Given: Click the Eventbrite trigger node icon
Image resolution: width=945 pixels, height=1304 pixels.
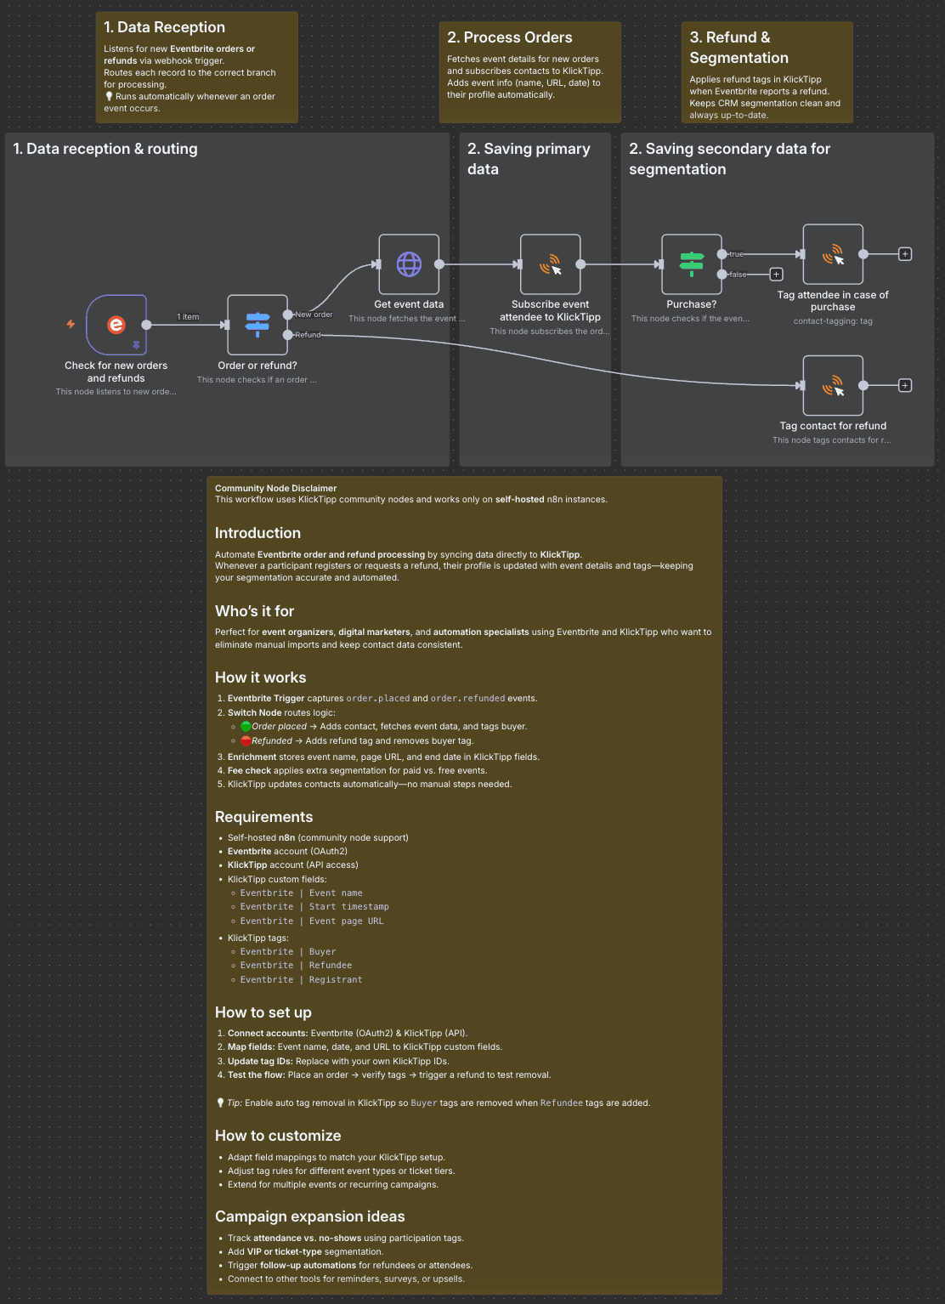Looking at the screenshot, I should click(x=116, y=325).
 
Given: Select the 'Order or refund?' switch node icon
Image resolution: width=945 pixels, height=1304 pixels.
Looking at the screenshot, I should click(x=257, y=325).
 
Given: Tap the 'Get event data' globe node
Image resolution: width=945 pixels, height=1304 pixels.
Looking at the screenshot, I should click(x=409, y=264).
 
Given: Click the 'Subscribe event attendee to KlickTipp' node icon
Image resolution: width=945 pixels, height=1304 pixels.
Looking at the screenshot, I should click(x=551, y=264).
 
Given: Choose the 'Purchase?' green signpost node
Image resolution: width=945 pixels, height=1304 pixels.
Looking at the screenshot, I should click(x=692, y=264).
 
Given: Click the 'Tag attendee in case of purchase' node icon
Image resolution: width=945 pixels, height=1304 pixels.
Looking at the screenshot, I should click(x=833, y=254).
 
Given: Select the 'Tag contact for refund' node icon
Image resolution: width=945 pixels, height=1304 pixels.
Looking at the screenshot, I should click(x=833, y=385).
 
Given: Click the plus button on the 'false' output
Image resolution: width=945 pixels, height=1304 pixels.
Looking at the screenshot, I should click(x=776, y=275).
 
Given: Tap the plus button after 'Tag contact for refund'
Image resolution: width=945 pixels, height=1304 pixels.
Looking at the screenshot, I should click(x=905, y=385).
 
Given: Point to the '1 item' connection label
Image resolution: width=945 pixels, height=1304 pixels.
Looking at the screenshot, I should click(x=188, y=317).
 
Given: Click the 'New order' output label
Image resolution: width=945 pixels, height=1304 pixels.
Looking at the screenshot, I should click(x=314, y=315).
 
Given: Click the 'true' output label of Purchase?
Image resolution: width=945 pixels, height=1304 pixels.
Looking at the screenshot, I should click(x=736, y=254).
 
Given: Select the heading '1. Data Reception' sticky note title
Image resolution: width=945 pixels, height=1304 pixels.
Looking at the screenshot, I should click(x=164, y=27).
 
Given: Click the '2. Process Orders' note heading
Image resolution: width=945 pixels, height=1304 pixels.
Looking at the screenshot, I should click(x=509, y=37).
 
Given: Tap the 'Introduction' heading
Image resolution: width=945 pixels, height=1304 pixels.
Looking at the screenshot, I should click(x=257, y=533).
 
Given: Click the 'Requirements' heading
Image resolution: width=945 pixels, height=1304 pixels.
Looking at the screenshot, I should click(x=263, y=817).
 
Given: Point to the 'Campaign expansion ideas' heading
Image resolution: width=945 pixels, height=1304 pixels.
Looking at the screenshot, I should click(x=309, y=1216).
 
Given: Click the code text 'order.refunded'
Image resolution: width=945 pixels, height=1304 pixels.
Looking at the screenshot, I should click(x=467, y=699).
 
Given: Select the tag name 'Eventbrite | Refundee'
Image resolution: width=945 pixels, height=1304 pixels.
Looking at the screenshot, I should click(x=296, y=966).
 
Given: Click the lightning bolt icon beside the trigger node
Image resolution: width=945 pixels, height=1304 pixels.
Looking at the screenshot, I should click(x=71, y=324).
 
